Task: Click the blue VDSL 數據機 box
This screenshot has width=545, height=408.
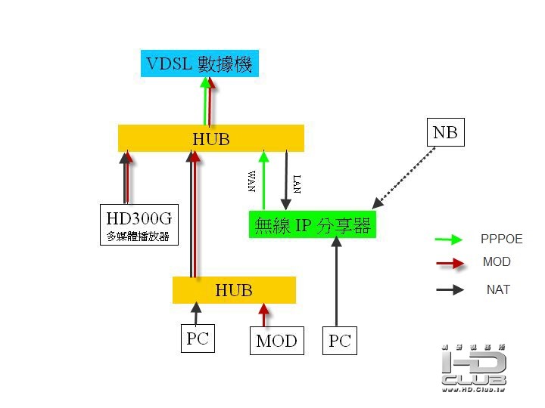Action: coord(200,63)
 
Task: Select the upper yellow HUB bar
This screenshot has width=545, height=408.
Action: coord(210,138)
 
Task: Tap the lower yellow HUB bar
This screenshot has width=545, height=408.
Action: coord(234,290)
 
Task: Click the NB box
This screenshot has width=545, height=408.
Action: coord(444,133)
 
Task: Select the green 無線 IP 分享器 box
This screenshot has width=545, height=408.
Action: coord(312,225)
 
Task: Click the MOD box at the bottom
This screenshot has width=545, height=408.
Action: coord(276,340)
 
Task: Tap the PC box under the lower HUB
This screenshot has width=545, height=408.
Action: coord(197,338)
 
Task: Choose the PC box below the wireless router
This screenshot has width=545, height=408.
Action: coord(339,341)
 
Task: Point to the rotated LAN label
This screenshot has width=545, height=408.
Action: coord(297,182)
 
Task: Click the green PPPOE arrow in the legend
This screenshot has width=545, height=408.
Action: coord(448,240)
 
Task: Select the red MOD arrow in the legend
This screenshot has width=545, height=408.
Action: coord(448,264)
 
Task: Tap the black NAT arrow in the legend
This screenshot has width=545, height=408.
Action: coord(448,289)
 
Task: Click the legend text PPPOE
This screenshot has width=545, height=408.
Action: coord(501,240)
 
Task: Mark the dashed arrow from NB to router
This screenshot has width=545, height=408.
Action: coord(405,177)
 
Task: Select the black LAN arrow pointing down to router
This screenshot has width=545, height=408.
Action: coord(287,181)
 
